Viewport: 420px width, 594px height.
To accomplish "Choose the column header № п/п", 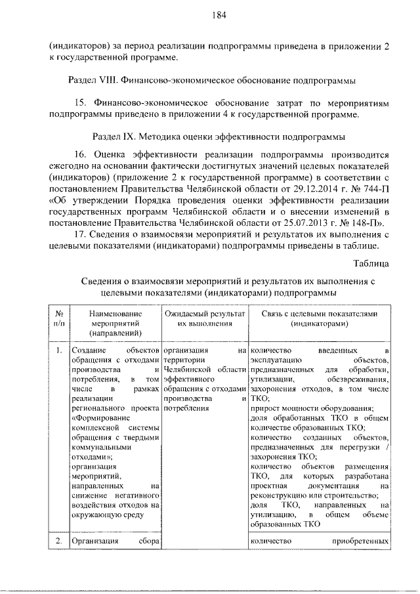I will click(58, 318).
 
